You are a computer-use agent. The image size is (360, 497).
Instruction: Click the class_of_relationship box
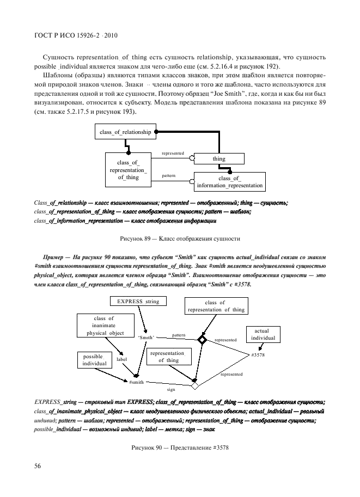[x=124, y=132]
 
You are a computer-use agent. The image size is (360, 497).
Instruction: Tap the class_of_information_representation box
[x=229, y=182]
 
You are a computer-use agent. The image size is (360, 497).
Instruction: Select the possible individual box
[x=93, y=359]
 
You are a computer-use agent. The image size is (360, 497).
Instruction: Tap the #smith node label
[x=136, y=383]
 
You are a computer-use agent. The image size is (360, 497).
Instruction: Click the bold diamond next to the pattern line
[x=202, y=340]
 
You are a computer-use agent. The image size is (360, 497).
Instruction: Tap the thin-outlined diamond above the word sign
[x=194, y=385]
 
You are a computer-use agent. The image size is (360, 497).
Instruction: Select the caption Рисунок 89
[x=179, y=238]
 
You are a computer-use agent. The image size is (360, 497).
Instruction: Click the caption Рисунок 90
[x=179, y=447]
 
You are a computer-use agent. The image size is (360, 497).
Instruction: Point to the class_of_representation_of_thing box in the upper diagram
[x=128, y=169]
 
